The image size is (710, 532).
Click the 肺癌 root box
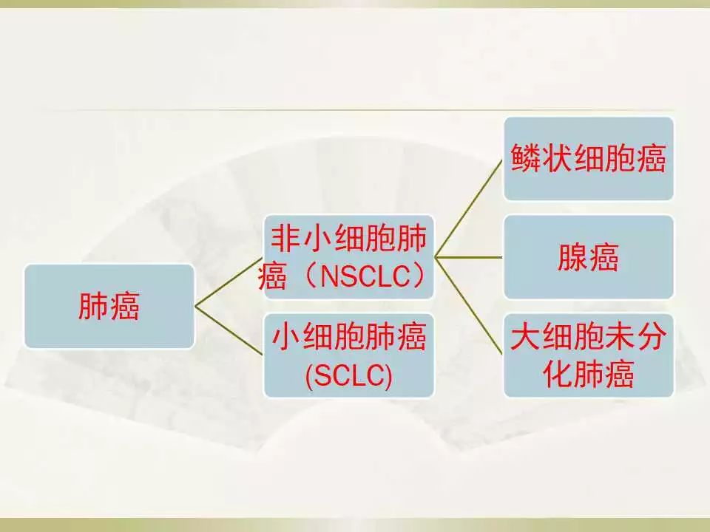click(109, 306)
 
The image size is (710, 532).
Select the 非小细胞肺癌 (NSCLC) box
click(348, 257)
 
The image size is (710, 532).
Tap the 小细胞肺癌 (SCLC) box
click(348, 355)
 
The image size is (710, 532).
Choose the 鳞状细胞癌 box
click(589, 158)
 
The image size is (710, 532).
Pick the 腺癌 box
click(589, 257)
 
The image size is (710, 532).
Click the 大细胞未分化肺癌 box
click(589, 355)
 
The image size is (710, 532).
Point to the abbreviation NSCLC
click(365, 276)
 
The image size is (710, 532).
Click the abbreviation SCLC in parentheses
click(348, 375)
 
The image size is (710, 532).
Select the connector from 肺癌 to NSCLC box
click(229, 282)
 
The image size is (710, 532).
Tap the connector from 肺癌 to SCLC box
click(229, 331)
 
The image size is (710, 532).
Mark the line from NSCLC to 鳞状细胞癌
click(469, 208)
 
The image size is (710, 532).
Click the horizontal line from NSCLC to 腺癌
click(469, 257)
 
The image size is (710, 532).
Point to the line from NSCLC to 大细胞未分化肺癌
click(469, 306)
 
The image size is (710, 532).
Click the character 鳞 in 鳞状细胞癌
click(526, 158)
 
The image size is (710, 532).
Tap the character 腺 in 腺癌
click(572, 257)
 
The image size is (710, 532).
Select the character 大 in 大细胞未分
click(526, 337)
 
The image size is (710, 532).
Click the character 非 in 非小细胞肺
click(286, 238)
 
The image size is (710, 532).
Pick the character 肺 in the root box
click(94, 306)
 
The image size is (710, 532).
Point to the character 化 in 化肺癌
click(558, 375)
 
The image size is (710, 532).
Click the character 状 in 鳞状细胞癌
click(557, 158)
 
